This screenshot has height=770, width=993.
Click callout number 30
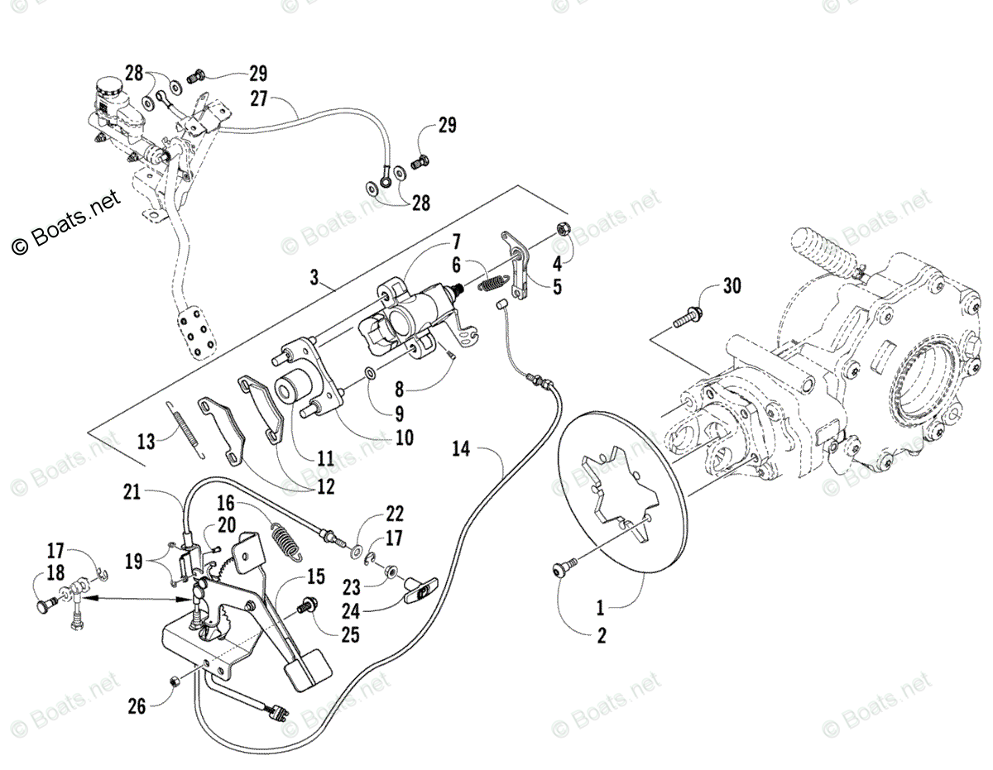[732, 287]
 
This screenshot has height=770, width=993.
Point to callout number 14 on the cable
[461, 449]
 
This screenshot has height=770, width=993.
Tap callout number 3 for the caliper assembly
[314, 278]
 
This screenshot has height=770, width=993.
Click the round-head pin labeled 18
[44, 605]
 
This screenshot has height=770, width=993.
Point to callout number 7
[456, 242]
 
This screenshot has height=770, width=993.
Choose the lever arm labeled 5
[518, 265]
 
